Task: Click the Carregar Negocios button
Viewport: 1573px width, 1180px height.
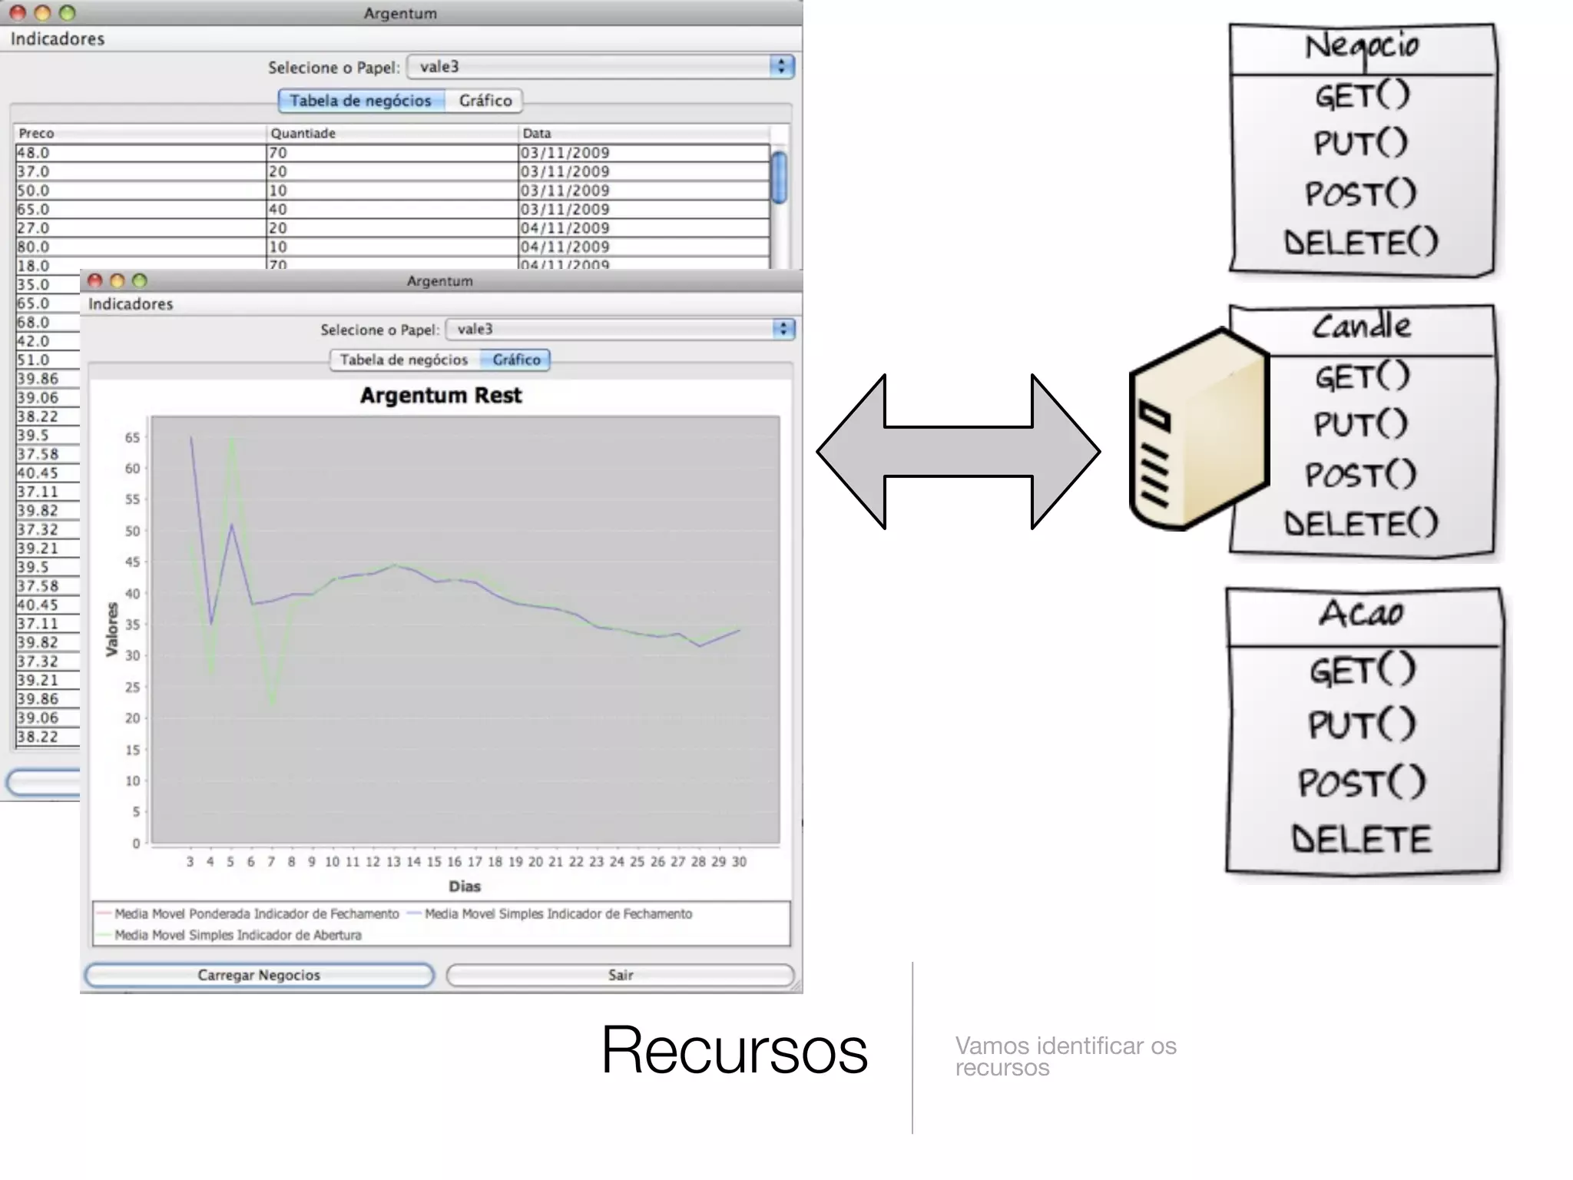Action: [259, 975]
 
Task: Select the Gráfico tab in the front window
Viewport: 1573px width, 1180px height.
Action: [516, 360]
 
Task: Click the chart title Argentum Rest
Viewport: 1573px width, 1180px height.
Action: [441, 396]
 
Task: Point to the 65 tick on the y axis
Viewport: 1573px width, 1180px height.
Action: [132, 438]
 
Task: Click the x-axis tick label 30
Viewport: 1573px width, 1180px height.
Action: [739, 862]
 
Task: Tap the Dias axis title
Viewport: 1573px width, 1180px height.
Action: [465, 887]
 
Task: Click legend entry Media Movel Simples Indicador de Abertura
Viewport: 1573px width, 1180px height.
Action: [237, 935]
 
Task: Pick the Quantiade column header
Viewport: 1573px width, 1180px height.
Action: [303, 133]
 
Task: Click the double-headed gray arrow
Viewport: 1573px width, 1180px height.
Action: [958, 452]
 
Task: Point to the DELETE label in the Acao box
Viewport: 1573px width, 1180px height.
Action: [1362, 838]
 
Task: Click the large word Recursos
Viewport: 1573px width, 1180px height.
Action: [734, 1050]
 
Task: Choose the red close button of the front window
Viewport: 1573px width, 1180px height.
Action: [95, 280]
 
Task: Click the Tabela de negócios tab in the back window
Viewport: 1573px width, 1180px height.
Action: [361, 101]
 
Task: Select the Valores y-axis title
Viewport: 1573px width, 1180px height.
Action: [112, 630]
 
